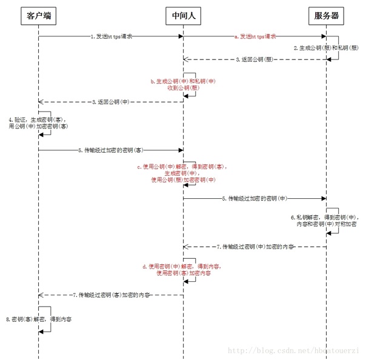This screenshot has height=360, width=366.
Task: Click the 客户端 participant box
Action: (39, 16)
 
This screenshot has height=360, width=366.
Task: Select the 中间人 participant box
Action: (183, 16)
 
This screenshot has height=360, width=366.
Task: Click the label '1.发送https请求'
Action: (111, 36)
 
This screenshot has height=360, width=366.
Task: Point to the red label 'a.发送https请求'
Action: (255, 36)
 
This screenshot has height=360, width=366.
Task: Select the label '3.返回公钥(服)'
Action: (255, 59)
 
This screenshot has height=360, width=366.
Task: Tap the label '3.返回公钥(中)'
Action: (111, 101)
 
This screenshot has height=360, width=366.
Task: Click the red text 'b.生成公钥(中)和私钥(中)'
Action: (183, 81)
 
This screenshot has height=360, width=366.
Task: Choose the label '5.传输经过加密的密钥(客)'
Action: (110, 148)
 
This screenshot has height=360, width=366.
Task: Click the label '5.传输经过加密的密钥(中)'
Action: (255, 198)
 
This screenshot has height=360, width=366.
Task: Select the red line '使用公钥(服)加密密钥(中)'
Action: (183, 180)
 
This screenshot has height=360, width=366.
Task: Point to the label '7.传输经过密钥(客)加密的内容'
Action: (111, 295)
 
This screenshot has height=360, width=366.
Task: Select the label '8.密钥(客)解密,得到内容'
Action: (39, 318)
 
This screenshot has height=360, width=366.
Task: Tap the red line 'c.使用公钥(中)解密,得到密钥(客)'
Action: (183, 166)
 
